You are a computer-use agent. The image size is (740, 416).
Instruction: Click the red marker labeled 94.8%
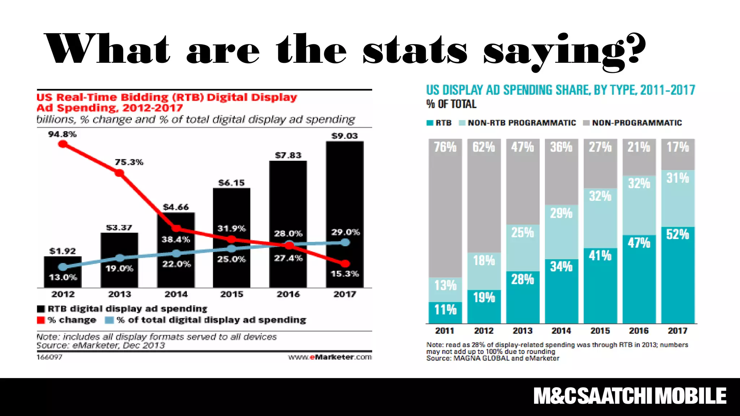tap(63, 144)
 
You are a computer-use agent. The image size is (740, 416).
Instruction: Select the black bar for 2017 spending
tap(345, 188)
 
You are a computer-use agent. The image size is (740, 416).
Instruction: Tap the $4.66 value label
tap(176, 207)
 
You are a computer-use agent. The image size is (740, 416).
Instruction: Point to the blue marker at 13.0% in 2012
tap(63, 267)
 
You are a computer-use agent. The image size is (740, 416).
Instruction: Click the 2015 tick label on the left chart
tap(232, 294)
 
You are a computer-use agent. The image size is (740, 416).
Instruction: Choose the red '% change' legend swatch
tap(41, 320)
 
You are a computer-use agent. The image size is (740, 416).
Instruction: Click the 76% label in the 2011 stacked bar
tap(445, 147)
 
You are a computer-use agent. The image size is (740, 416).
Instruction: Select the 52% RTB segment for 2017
tap(677, 274)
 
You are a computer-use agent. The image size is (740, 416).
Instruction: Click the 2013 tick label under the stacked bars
tap(522, 331)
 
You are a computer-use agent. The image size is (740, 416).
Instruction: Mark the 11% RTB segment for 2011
tap(445, 312)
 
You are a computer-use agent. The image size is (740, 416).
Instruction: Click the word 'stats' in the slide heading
tap(415, 51)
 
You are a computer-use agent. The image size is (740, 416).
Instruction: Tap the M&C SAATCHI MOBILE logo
tap(630, 396)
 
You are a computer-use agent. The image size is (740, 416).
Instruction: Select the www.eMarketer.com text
tap(330, 357)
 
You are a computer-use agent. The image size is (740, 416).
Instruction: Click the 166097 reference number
tap(50, 357)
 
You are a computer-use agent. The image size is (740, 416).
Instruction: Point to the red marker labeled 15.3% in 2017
tap(345, 264)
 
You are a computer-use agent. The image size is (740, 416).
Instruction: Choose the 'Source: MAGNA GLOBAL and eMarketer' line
tap(492, 358)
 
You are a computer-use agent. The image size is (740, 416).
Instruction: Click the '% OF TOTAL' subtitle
tap(451, 104)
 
